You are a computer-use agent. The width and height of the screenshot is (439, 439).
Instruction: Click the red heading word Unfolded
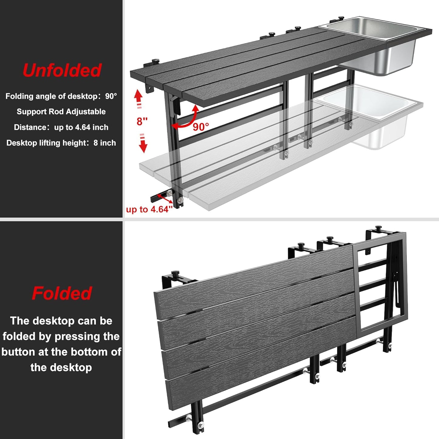(62, 70)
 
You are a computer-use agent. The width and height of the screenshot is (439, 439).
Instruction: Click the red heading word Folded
(62, 293)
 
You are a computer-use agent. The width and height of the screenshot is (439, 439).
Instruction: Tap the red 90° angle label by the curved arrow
(201, 127)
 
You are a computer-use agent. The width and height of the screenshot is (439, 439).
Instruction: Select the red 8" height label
(142, 122)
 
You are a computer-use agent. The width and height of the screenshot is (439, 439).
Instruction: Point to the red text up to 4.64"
(149, 209)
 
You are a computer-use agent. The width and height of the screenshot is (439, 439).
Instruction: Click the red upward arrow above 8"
(139, 97)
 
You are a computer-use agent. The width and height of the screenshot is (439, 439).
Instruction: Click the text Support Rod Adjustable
(61, 111)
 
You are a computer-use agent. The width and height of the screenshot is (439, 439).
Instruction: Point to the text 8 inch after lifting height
(105, 143)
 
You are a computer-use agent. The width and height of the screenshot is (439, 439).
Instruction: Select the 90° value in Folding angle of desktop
(111, 96)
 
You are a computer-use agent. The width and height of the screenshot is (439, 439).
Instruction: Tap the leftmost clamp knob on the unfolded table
(156, 61)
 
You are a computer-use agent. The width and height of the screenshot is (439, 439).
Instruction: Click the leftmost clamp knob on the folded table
(175, 273)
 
